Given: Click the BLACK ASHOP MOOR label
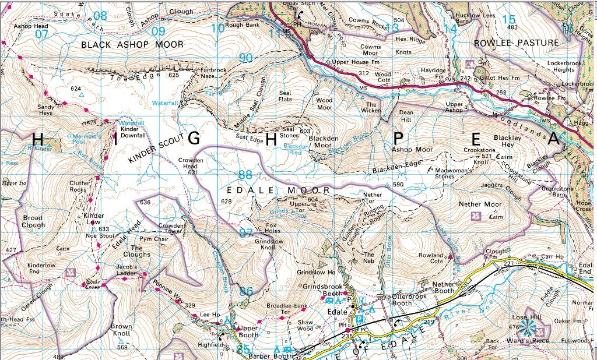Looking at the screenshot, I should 132,45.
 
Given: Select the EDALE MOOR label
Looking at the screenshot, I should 278,190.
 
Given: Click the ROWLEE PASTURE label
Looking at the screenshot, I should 516,43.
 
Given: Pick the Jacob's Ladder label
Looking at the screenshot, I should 125,271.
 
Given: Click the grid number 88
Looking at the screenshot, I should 245,175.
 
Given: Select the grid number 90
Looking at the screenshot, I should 245,58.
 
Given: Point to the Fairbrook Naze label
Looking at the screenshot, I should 213,73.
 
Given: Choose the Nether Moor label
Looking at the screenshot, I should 480,204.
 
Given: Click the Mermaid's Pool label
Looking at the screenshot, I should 87,138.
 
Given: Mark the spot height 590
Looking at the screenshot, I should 398,185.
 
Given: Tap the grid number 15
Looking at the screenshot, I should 509,20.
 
